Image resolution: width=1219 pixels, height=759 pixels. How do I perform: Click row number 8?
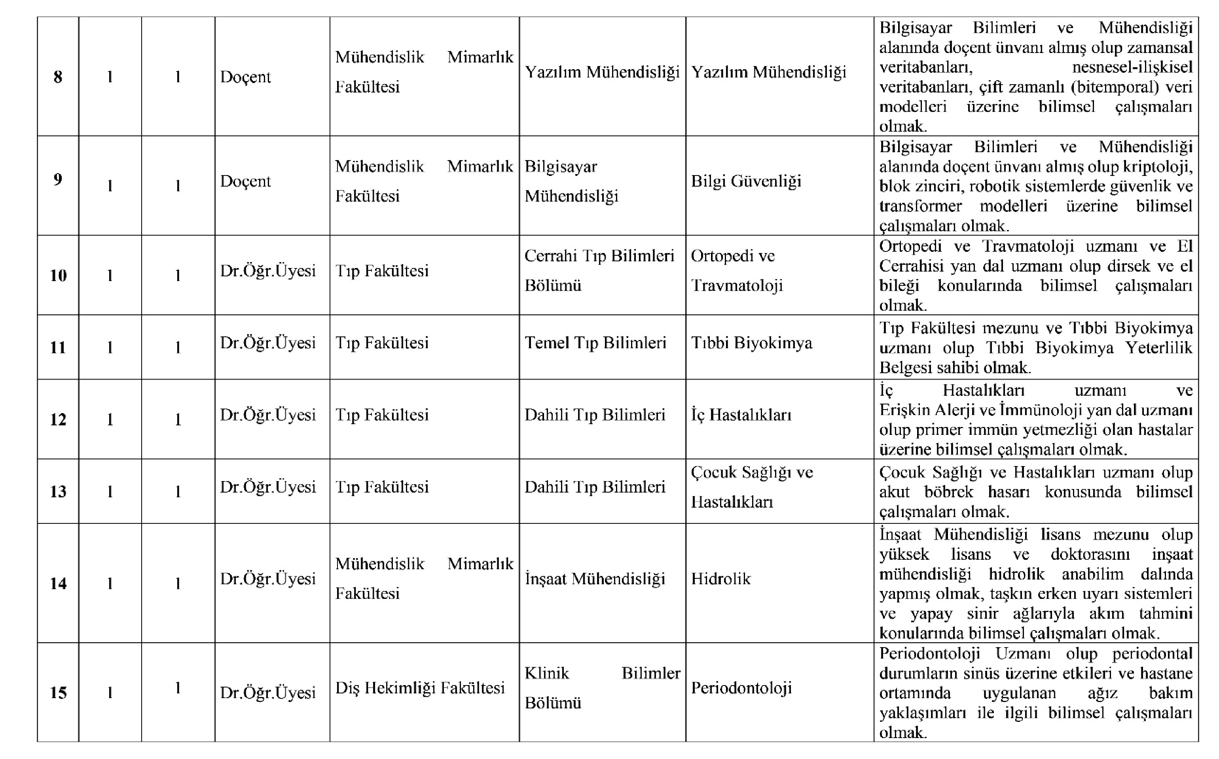point(58,77)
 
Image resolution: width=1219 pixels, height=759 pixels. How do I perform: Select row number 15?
point(58,693)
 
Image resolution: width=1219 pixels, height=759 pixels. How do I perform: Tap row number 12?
point(58,419)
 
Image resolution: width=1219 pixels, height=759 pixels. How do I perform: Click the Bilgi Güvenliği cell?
point(746,181)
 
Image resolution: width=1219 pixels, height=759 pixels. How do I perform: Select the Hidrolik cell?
point(720,579)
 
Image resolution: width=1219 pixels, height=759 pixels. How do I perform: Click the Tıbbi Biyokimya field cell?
point(751,343)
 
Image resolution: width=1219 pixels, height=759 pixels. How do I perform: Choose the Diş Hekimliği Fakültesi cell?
point(420,688)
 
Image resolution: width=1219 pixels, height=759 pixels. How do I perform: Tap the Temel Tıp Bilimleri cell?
point(595,343)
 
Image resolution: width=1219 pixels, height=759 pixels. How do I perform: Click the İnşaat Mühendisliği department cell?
point(595,579)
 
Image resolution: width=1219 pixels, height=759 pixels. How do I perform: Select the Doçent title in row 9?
point(245,181)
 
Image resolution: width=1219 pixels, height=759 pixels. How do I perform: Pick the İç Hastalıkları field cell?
point(741,415)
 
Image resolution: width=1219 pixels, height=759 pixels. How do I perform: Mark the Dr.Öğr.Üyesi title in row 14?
point(268,579)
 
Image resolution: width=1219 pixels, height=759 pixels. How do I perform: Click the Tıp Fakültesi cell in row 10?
point(382,271)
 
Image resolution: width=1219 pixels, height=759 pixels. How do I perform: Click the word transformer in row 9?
point(920,206)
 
